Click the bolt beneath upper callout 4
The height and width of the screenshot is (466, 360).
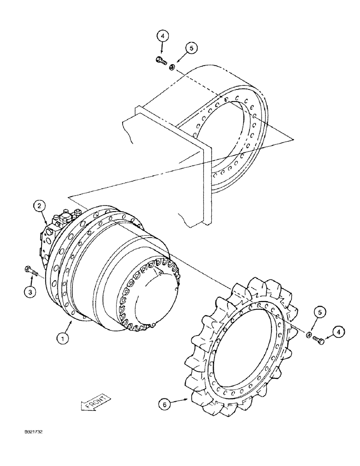[x=160, y=60]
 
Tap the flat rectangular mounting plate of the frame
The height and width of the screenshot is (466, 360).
[x=205, y=177]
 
